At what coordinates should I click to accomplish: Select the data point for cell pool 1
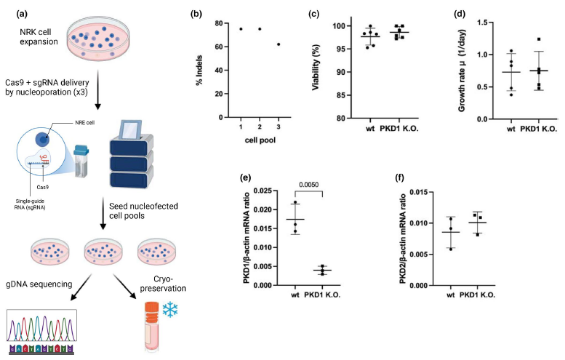tap(240, 28)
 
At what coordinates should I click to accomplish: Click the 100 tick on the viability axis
tap(341, 26)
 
